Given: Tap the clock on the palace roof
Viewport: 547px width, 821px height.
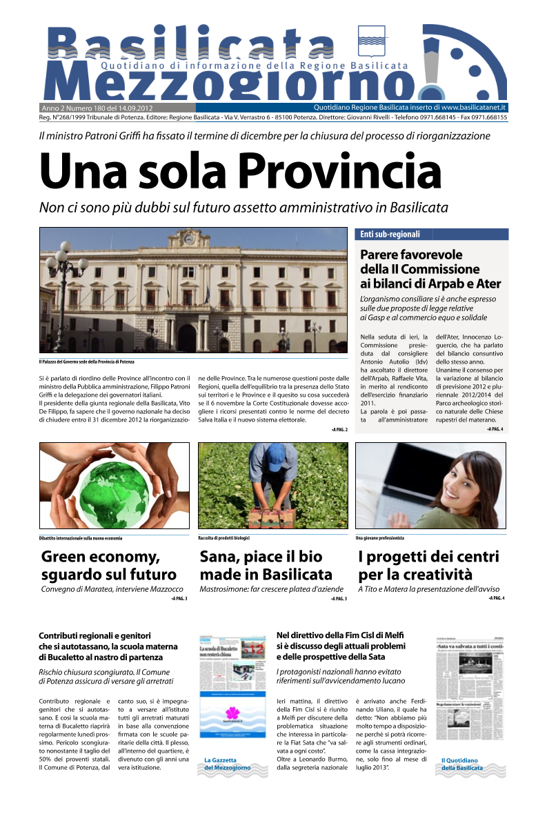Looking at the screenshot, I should coord(188,239).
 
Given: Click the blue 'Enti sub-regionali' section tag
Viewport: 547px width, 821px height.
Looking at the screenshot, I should coord(390,235).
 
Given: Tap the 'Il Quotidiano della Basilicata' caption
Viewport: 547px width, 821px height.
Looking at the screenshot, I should coord(462,764).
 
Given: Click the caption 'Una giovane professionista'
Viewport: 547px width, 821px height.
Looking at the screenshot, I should coord(379,537).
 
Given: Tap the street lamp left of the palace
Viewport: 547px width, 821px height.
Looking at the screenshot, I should coord(67,276).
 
